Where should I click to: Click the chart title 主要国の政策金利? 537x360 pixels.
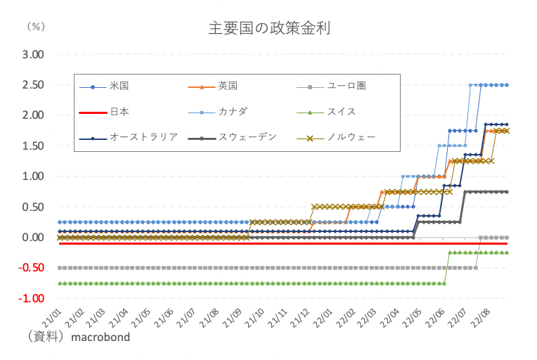point(269,28)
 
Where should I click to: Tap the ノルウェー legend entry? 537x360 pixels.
point(351,137)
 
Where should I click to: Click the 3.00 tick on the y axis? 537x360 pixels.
point(33,54)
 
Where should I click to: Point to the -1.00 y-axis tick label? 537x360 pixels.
point(32,298)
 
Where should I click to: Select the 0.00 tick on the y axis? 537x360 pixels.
point(33,237)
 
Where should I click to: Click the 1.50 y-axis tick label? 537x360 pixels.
point(33,146)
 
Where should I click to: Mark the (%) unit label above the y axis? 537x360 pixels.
point(34,26)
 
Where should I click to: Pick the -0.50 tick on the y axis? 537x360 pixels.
point(32,268)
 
